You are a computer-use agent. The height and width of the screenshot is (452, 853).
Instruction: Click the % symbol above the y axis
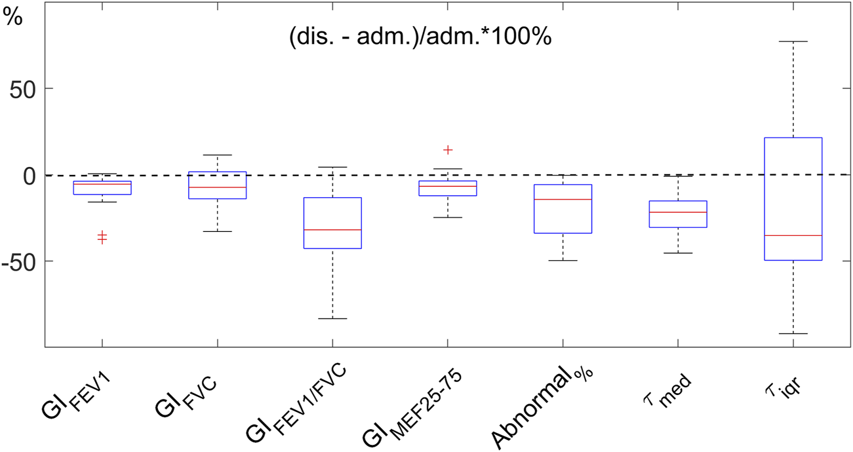[x=12, y=18]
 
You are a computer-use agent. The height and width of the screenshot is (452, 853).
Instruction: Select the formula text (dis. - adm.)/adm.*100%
[x=420, y=37]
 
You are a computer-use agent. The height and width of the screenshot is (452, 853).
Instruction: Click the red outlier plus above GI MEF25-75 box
[x=448, y=150]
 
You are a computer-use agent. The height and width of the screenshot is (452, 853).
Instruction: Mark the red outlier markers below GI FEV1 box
[x=102, y=237]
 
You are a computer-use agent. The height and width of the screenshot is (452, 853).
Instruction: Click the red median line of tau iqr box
[x=793, y=235]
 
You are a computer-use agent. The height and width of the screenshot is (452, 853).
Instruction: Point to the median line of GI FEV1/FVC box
[x=333, y=230]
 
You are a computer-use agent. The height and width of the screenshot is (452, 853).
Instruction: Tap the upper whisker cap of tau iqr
[x=793, y=41]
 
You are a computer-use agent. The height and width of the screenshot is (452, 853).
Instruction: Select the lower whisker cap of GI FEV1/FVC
[x=333, y=318]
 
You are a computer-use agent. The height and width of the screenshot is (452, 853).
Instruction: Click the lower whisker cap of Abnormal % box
[x=563, y=261]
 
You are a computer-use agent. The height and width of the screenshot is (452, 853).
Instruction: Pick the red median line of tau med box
[x=678, y=212]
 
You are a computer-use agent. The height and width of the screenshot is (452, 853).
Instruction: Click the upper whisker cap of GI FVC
[x=218, y=155]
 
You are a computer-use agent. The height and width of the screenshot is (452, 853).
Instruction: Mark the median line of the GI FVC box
[x=218, y=187]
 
